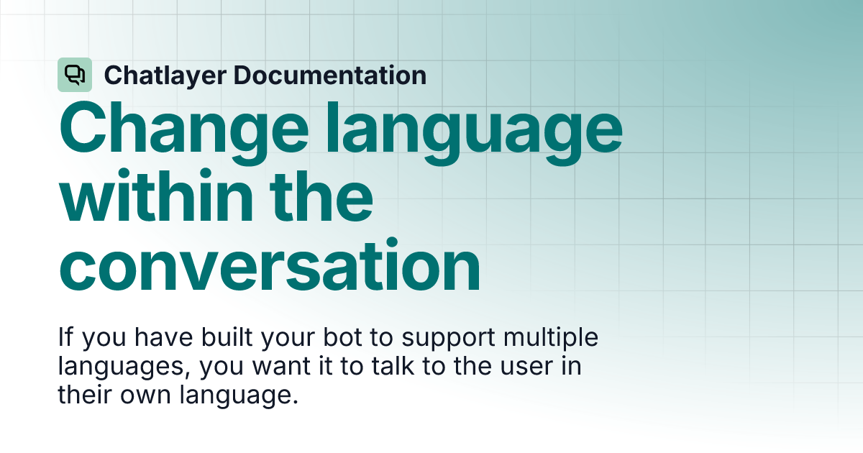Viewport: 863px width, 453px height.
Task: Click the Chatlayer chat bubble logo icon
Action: pyautogui.click(x=75, y=75)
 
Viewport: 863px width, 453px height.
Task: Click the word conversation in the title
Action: pyautogui.click(x=270, y=267)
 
